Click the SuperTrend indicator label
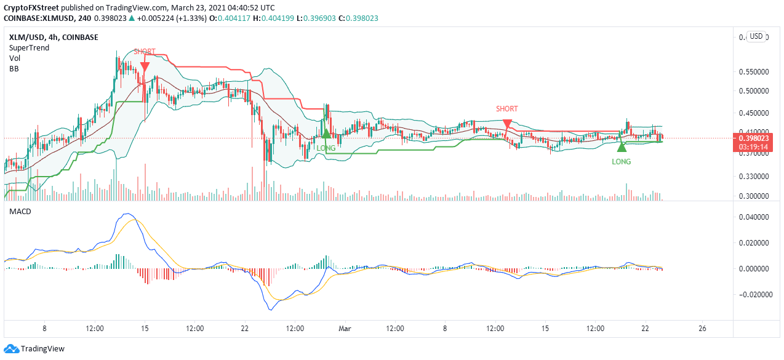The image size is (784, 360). (29, 48)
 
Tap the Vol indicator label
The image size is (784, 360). (15, 58)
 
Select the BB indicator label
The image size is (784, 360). (14, 69)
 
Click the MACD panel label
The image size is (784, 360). (20, 212)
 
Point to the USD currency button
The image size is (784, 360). (756, 36)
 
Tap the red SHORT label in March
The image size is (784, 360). (506, 109)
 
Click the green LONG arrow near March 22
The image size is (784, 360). (622, 146)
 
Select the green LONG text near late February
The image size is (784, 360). (326, 148)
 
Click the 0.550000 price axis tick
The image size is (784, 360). (753, 71)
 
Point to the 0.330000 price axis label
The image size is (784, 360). (753, 177)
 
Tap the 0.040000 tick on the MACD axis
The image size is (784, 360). (753, 217)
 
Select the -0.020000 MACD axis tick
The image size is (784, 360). (751, 295)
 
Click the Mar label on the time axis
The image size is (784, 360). (345, 329)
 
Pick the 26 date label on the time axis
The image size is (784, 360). (702, 329)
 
